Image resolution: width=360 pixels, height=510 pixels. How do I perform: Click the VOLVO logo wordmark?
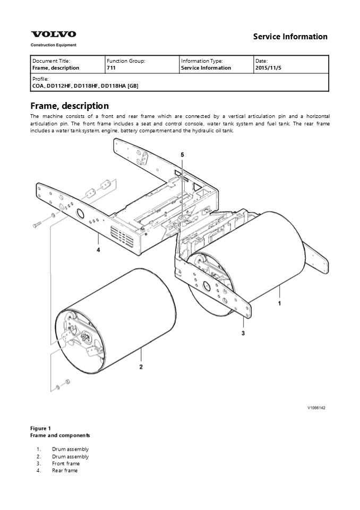pyautogui.click(x=53, y=35)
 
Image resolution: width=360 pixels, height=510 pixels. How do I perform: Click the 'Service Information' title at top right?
pyautogui.click(x=290, y=37)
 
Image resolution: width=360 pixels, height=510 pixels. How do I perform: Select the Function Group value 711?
pyautogui.click(x=111, y=68)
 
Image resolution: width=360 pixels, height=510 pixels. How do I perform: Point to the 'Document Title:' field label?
pyautogui.click(x=51, y=61)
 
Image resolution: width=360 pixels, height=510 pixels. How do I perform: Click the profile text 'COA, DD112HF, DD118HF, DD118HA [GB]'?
pyautogui.click(x=85, y=86)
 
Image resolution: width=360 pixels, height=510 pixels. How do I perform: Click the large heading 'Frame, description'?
pyautogui.click(x=70, y=106)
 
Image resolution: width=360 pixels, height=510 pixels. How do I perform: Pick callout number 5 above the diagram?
pyautogui.click(x=182, y=154)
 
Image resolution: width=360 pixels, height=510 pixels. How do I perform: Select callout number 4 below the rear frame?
pyautogui.click(x=98, y=249)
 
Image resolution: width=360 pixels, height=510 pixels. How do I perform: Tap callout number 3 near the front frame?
pyautogui.click(x=243, y=333)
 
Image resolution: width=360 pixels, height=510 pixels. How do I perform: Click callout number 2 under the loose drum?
pyautogui.click(x=141, y=367)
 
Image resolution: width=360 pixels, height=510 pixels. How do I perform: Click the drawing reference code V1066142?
pyautogui.click(x=316, y=408)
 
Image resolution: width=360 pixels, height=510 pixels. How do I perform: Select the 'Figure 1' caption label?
pyautogui.click(x=40, y=428)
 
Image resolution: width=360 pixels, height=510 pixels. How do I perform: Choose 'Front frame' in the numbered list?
pyautogui.click(x=66, y=463)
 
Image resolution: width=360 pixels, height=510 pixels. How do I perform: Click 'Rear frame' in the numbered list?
pyautogui.click(x=65, y=470)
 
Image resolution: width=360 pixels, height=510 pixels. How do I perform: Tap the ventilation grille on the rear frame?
pyautogui.click(x=122, y=234)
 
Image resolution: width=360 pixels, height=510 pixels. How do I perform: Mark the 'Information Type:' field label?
pyautogui.click(x=202, y=61)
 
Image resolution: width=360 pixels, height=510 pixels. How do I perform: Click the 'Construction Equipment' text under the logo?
pyautogui.click(x=53, y=45)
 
